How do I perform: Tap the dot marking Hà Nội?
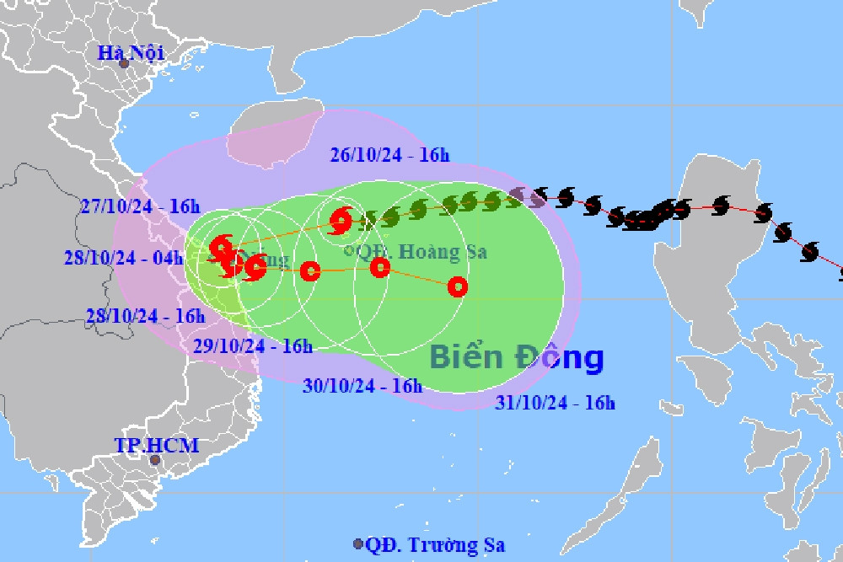tap(124, 63)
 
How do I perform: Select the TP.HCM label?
tap(158, 444)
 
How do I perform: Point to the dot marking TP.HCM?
tap(154, 460)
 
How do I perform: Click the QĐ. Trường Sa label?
tap(435, 545)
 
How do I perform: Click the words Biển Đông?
tap(516, 356)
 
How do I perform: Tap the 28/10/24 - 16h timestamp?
tap(145, 315)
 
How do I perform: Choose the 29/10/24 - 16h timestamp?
tap(252, 345)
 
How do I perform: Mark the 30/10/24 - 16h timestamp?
tap(362, 385)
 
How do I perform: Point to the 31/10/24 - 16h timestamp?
tap(555, 404)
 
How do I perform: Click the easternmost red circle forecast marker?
tap(458, 286)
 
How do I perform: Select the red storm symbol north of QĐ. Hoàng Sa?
tap(341, 221)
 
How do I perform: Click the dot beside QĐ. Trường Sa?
tap(358, 545)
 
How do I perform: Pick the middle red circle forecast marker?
tap(380, 268)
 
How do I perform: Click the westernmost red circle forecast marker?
tap(310, 270)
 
